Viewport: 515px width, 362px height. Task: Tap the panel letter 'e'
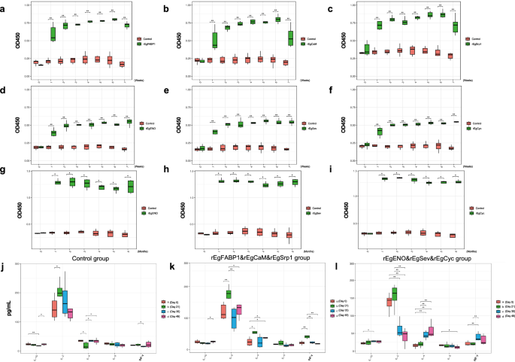(x=177, y=89)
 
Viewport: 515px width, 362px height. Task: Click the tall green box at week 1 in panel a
(x=53, y=33)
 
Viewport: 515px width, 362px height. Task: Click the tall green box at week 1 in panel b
(x=215, y=37)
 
